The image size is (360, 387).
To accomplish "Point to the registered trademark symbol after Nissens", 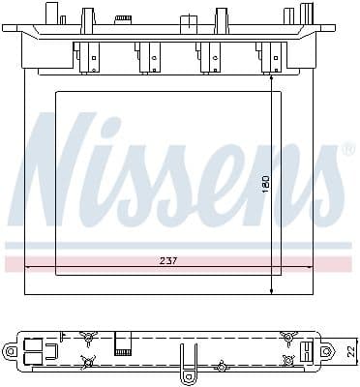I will (349, 150).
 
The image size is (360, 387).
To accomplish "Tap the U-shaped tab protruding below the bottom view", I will (189, 372).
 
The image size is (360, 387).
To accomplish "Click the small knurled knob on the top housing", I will (123, 17).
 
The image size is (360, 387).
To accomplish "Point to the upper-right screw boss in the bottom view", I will (286, 337).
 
